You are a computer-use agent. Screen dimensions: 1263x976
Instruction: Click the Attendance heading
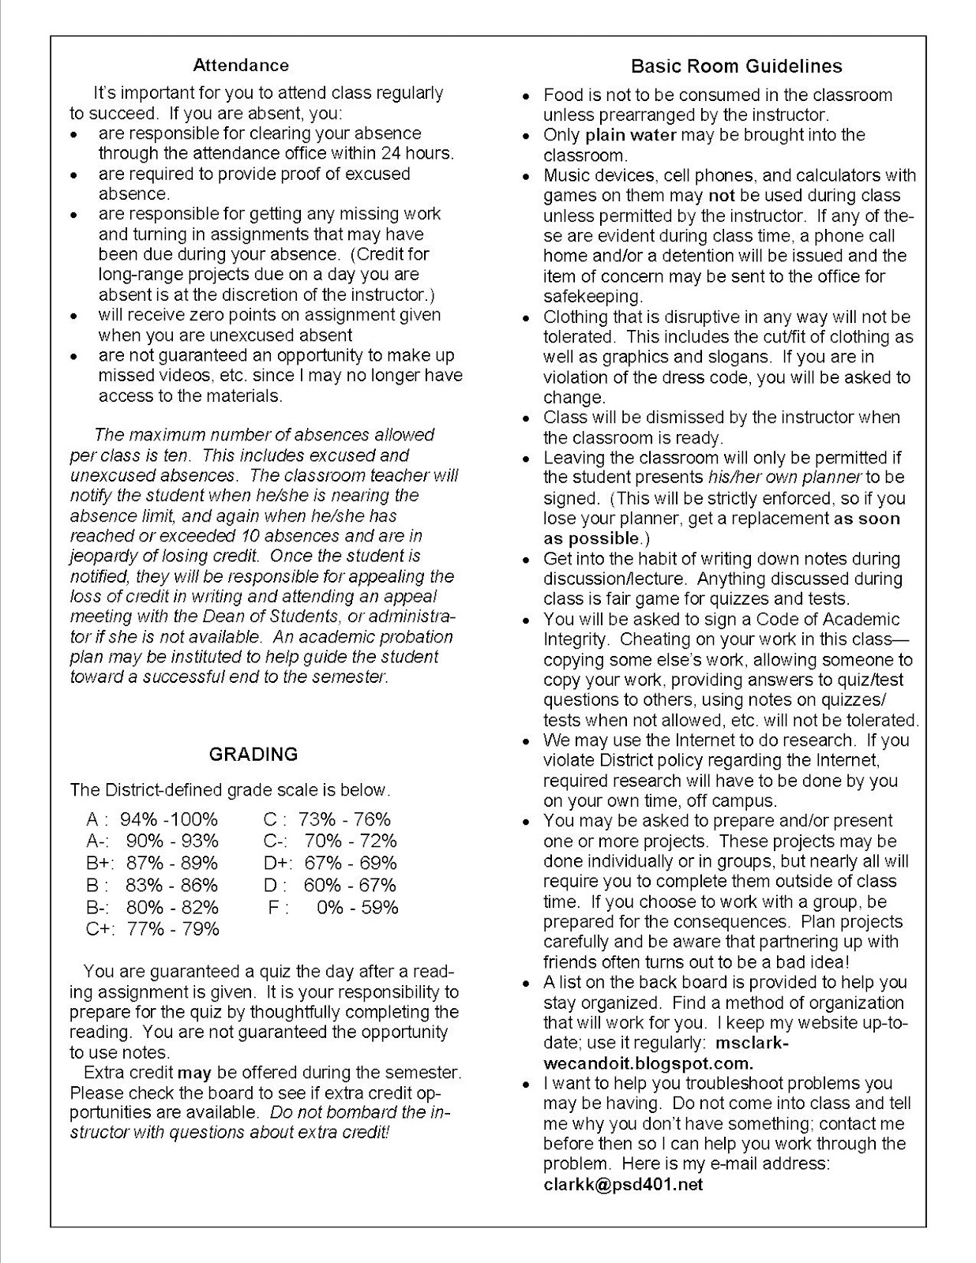coord(241,66)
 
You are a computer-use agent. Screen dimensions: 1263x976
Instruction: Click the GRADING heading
coord(253,754)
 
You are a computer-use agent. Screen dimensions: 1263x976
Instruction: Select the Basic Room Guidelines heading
coord(736,66)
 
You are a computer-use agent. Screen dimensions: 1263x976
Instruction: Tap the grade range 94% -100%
coord(171,819)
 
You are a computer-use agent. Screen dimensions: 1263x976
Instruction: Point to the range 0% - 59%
coord(357,907)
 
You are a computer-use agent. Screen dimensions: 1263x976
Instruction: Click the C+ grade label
coord(99,928)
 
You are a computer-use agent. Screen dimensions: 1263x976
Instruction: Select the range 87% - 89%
coord(171,863)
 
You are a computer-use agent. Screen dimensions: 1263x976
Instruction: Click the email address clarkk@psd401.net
coord(623,1184)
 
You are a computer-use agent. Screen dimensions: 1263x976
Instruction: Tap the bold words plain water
coord(630,135)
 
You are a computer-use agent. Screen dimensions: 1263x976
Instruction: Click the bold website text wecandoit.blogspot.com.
coord(648,1063)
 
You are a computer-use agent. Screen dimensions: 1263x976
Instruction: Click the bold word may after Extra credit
coord(193,1073)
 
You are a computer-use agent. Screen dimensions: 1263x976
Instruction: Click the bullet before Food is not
coord(527,96)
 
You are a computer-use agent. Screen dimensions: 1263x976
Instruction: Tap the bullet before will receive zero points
coord(74,316)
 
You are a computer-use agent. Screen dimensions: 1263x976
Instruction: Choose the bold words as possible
coord(590,538)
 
